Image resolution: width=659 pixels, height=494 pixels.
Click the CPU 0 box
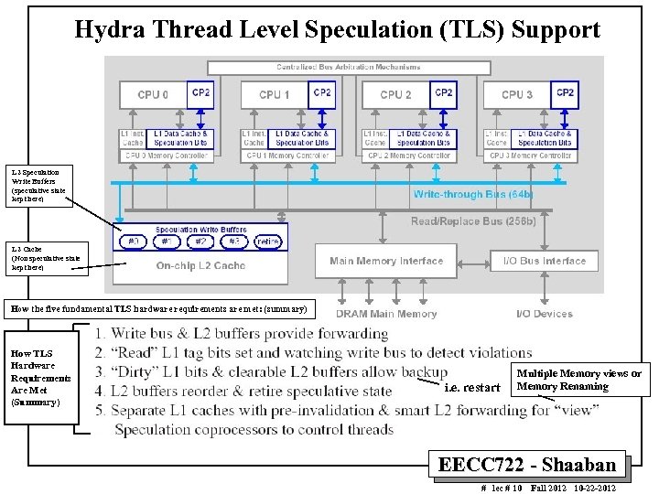point(152,95)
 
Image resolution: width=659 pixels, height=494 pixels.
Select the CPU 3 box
point(517,95)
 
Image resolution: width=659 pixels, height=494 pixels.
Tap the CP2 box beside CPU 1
point(322,92)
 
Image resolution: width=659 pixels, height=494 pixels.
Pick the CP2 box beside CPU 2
point(444,92)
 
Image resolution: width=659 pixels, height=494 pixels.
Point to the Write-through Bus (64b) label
point(472,194)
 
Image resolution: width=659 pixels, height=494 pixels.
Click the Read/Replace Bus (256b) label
point(473,221)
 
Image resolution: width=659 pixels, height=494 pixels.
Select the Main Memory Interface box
point(386,261)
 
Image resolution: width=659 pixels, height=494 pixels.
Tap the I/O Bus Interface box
point(544,261)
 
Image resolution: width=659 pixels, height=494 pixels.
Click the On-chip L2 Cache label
point(200,265)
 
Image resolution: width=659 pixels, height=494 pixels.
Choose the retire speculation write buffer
point(268,242)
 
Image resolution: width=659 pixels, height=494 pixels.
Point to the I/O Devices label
point(544,314)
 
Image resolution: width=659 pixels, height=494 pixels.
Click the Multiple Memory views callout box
point(578,380)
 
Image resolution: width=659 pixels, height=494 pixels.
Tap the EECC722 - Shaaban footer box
point(531,464)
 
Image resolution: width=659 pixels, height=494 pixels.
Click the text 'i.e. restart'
point(471,387)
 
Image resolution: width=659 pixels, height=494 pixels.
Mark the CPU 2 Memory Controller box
point(407,156)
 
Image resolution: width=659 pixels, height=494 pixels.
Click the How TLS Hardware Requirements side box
point(38,376)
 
